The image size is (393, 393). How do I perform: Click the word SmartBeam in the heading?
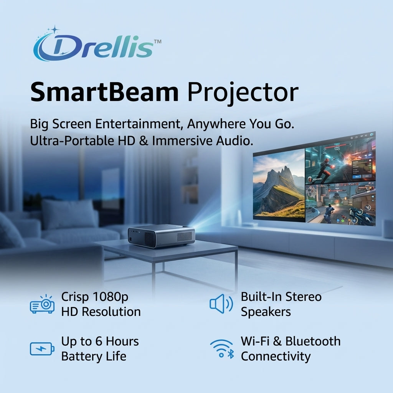click(104, 92)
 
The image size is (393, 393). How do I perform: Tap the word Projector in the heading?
click(243, 92)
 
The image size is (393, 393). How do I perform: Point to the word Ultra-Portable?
click(72, 141)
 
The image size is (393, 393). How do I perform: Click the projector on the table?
click(161, 236)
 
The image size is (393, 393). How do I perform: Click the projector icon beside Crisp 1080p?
click(42, 305)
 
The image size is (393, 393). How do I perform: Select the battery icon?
click(42, 348)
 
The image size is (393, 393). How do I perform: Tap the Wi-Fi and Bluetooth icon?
click(222, 348)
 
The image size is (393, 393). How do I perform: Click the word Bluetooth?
click(313, 341)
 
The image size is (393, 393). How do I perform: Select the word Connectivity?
click(276, 356)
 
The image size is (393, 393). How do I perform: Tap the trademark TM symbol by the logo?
click(157, 41)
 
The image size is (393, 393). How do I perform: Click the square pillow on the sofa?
click(69, 214)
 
